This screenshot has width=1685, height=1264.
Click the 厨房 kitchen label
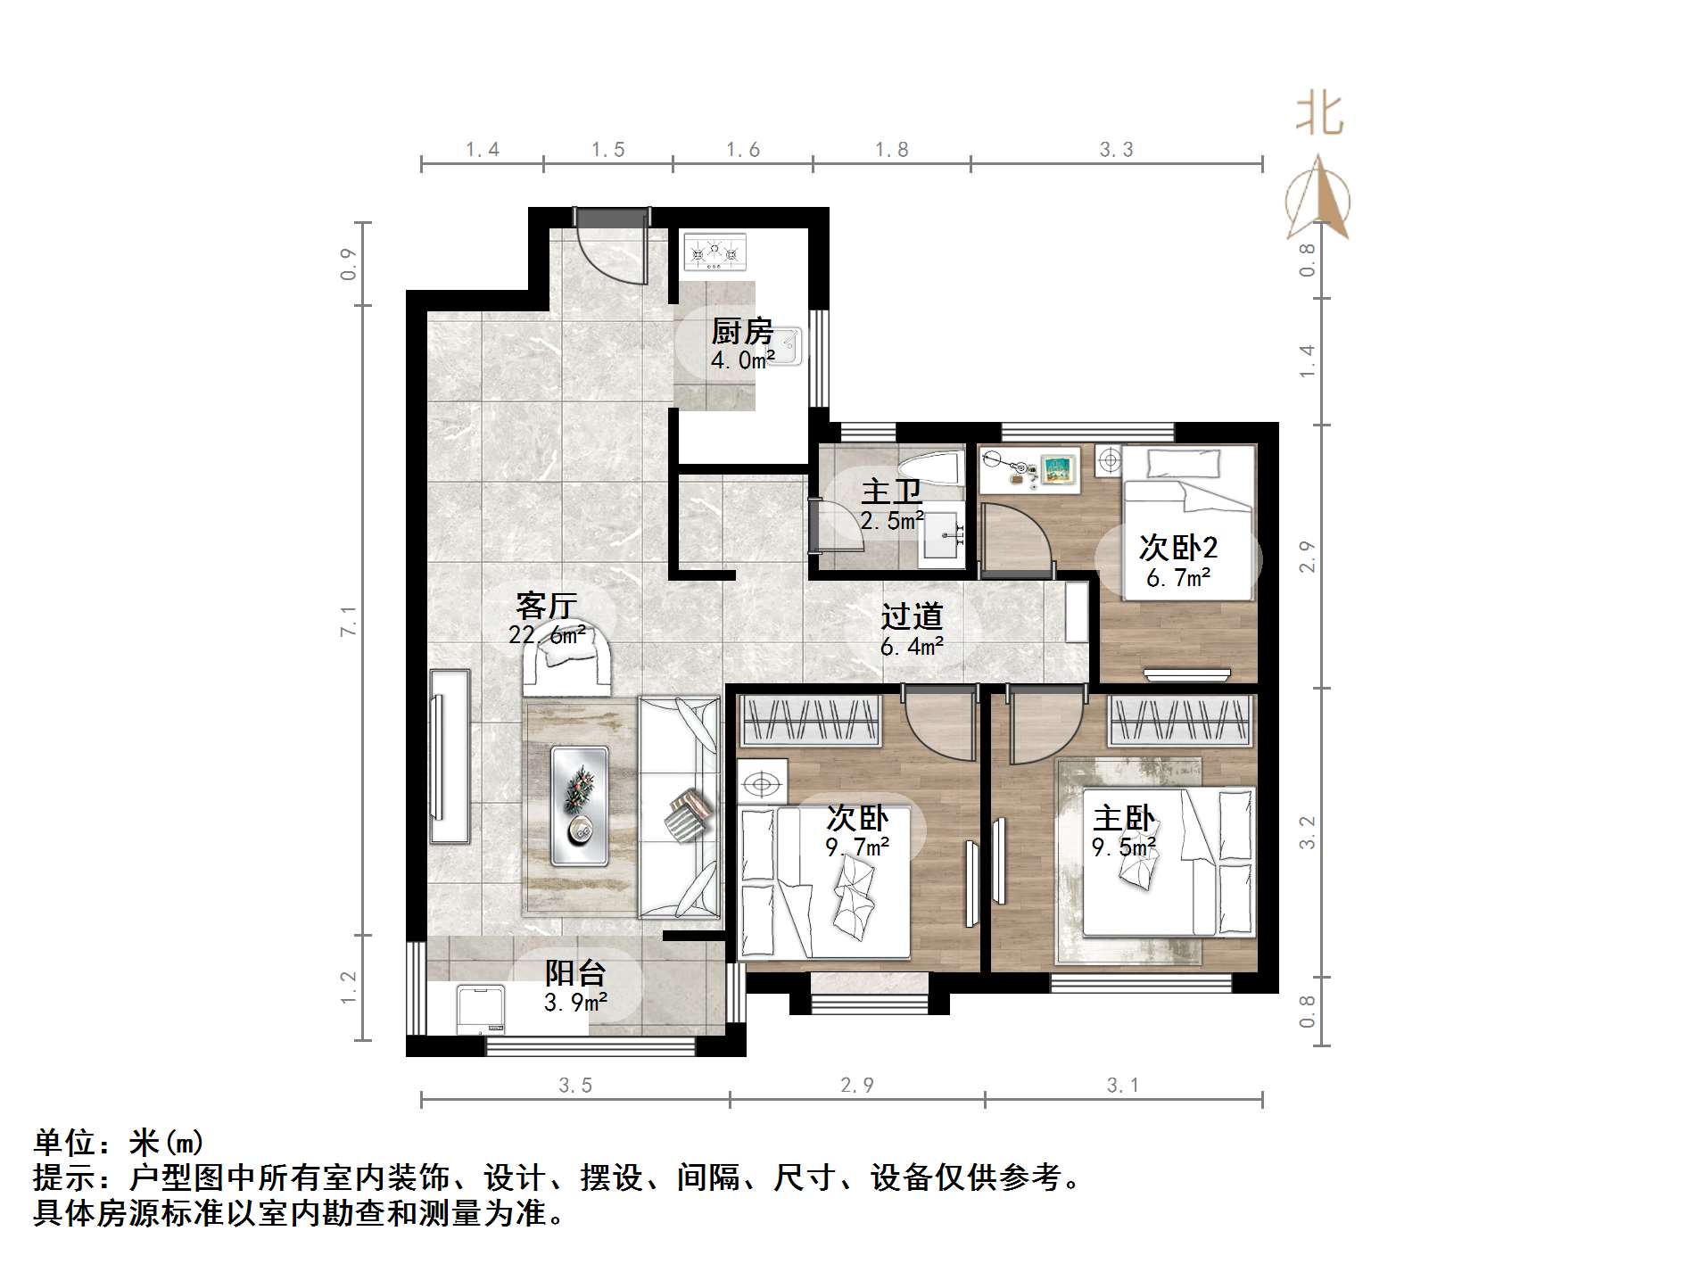point(741,332)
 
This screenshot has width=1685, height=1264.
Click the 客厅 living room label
point(546,607)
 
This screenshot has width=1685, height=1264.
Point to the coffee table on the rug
point(580,806)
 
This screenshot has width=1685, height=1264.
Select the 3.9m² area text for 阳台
point(575,1003)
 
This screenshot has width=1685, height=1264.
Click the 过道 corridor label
point(912,616)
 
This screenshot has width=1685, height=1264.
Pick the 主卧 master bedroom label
point(1123,818)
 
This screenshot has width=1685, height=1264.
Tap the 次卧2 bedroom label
point(1177,548)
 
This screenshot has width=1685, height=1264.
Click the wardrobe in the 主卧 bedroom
point(1178,721)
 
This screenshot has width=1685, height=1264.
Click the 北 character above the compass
point(1319,116)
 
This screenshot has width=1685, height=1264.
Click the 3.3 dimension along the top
point(1116,150)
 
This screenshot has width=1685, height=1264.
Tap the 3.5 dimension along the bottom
point(575,1086)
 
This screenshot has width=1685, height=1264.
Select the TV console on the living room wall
point(450,756)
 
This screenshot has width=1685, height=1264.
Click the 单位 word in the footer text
point(63,1143)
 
